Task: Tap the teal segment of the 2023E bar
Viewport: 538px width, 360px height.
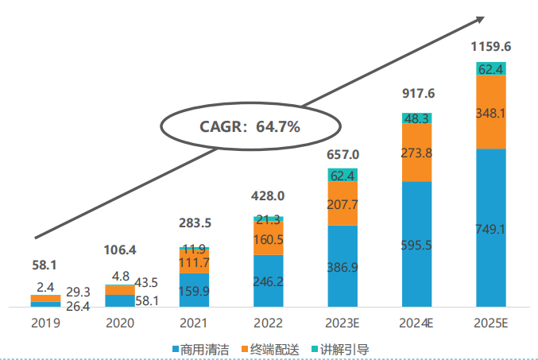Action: tap(343, 175)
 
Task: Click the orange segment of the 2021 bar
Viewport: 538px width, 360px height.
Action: tap(195, 261)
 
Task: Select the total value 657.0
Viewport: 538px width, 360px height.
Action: tap(343, 153)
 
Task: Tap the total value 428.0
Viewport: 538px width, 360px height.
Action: tap(269, 195)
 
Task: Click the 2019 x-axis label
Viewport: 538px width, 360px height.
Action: tap(45, 323)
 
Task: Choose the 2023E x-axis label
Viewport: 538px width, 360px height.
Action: tap(343, 323)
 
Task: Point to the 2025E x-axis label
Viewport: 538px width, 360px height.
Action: tap(491, 323)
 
